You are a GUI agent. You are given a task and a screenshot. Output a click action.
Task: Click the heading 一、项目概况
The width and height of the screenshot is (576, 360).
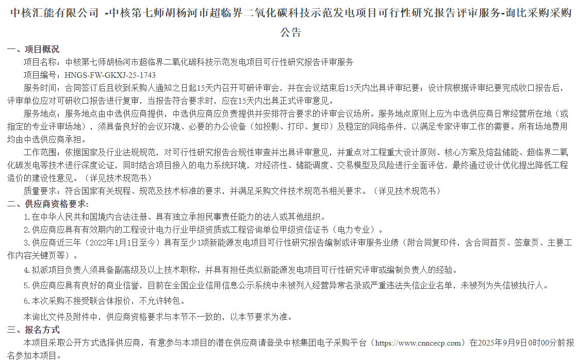pos(33,50)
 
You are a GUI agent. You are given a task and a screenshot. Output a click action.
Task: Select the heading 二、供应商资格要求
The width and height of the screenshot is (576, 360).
pos(47,204)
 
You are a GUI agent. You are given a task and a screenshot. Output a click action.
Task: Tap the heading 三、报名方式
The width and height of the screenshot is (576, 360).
pos(33,330)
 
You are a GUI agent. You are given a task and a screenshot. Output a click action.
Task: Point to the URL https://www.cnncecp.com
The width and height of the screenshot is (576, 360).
pos(418,342)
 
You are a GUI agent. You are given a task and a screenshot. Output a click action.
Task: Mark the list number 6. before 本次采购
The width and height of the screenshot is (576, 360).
pos(27,301)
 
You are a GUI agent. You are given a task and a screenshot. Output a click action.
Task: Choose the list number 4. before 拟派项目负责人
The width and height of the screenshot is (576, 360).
pos(27,270)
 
